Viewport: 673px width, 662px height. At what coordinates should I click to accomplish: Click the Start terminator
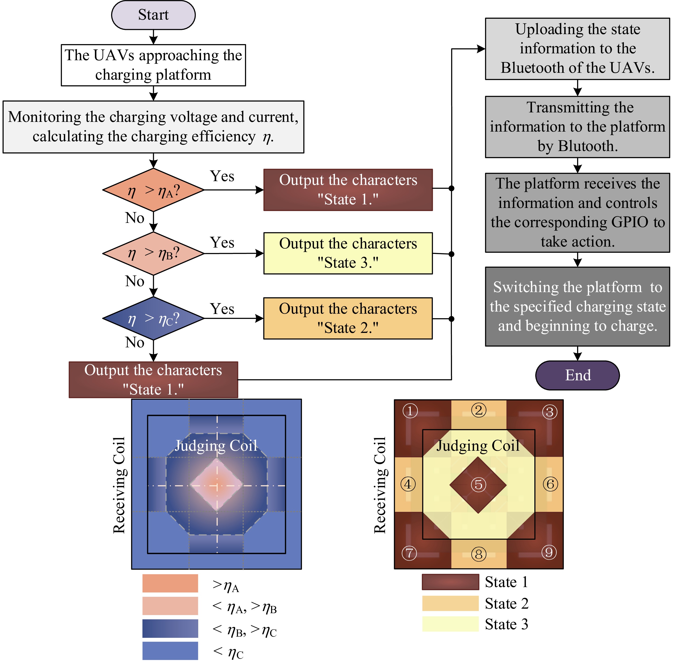tap(153, 15)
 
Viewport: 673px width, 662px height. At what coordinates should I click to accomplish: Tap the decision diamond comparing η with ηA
tap(153, 190)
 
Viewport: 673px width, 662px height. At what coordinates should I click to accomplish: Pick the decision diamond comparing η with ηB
tap(153, 253)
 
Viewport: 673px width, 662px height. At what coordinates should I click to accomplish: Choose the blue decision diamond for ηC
tap(153, 318)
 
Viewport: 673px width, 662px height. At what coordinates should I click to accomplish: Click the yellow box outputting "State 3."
tap(348, 253)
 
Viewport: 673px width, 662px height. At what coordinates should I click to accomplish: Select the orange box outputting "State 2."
tap(348, 318)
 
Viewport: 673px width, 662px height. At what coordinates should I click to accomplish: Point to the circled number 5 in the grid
tap(478, 484)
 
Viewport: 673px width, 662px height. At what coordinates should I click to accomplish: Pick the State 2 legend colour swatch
tap(450, 603)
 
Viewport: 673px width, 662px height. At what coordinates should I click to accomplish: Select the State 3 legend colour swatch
tap(450, 624)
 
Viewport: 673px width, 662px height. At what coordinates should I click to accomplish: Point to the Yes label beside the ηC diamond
tap(222, 309)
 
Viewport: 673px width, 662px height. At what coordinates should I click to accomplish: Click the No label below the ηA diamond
tap(135, 218)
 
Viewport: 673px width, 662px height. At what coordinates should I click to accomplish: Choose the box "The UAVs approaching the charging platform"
tap(153, 65)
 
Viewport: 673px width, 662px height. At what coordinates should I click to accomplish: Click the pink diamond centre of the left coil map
tap(216, 484)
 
